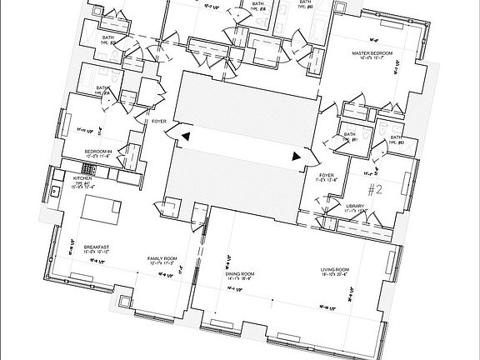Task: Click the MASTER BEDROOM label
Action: click(x=372, y=52)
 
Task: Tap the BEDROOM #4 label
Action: click(x=100, y=150)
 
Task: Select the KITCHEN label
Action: click(x=82, y=178)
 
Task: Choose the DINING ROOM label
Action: click(x=240, y=273)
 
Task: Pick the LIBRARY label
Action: click(x=356, y=204)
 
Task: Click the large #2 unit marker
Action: click(x=374, y=188)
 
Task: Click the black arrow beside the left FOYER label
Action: click(x=186, y=134)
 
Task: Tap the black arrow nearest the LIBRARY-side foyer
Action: click(x=295, y=155)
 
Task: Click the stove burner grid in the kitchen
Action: click(x=89, y=170)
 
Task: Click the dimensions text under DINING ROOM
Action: click(x=240, y=280)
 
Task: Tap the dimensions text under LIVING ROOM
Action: click(x=338, y=276)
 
